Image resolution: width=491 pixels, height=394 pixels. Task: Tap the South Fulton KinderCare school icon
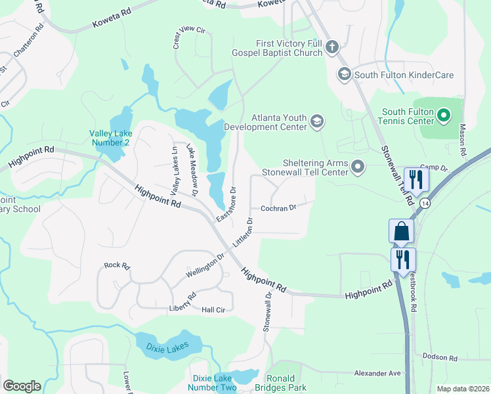pos(343,75)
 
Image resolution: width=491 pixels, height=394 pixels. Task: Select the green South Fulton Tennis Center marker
pos(444,116)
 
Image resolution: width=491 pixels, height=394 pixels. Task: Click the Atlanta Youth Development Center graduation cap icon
pos(317,121)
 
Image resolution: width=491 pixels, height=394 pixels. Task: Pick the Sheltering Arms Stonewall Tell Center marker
pos(358,167)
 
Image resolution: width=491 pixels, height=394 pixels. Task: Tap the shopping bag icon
pos(402,232)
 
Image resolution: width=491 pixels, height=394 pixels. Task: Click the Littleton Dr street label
pos(249,230)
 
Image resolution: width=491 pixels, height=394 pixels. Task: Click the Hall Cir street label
pos(213,309)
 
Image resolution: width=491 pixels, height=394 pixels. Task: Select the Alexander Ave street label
pos(377,372)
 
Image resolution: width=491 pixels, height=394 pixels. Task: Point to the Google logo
pos(22,386)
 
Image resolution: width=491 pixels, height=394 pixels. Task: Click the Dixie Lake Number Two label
pos(215,383)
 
